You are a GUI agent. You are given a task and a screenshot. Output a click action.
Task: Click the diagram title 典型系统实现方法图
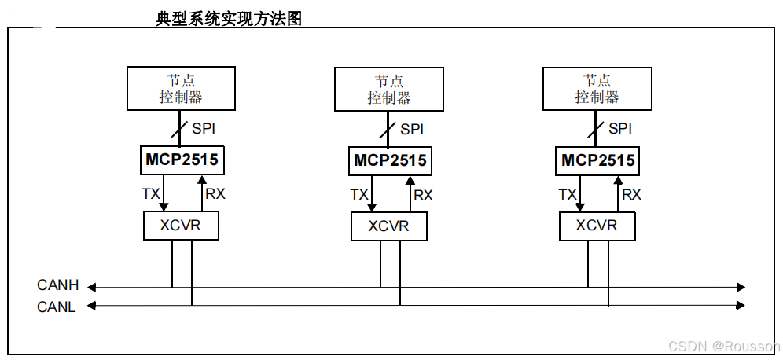point(229,19)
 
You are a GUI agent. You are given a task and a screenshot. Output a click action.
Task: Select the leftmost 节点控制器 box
point(181,88)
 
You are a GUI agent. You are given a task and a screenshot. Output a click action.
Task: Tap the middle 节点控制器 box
point(388,89)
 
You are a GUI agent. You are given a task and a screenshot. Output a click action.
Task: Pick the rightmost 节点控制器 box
point(597,88)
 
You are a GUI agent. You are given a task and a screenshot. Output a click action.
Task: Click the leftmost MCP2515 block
point(181,160)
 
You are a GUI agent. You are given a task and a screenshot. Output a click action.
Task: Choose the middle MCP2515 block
point(390,160)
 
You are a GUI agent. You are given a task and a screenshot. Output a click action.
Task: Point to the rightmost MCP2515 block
point(597,160)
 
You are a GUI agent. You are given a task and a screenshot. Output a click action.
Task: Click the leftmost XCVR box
point(181,226)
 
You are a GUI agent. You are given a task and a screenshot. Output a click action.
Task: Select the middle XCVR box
point(389,226)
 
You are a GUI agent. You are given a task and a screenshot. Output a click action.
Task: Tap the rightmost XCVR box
point(597,226)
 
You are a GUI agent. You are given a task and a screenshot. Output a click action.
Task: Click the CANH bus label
point(57,285)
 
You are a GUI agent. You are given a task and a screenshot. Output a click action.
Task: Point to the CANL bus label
point(57,307)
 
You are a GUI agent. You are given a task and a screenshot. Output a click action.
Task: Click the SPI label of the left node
point(204,128)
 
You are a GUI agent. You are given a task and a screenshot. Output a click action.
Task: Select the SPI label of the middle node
point(412,129)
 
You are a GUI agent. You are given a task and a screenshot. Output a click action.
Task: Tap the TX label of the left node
point(150,193)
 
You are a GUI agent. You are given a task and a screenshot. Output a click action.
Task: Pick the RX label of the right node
point(631,194)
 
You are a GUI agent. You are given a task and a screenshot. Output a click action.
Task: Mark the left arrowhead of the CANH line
point(92,287)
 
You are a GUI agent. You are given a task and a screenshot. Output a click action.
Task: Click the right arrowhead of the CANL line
point(741,305)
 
